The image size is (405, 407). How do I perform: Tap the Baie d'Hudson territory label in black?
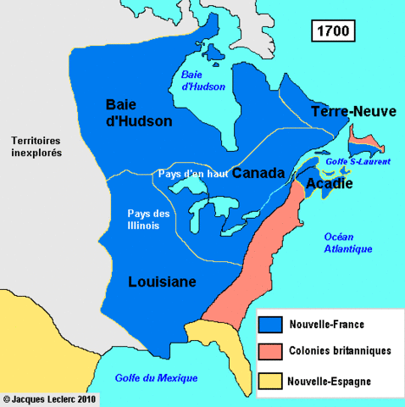[139, 112]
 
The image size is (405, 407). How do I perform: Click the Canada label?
[258, 173]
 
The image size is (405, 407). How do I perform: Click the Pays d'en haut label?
[192, 173]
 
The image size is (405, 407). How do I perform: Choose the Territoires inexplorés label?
[37, 148]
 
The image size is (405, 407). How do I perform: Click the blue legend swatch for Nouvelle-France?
[270, 323]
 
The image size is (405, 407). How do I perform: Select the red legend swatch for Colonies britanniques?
[270, 351]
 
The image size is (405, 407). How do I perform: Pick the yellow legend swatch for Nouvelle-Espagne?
[270, 380]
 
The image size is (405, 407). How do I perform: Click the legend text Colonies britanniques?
[340, 352]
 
